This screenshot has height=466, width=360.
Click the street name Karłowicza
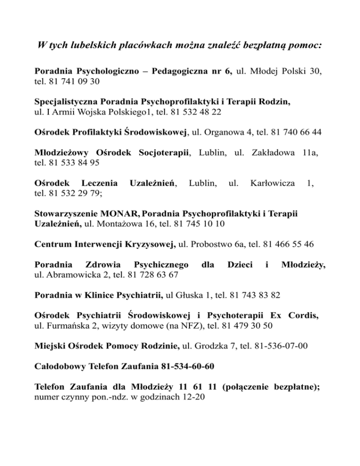click(271, 182)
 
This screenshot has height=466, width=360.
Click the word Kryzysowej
click(150, 244)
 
